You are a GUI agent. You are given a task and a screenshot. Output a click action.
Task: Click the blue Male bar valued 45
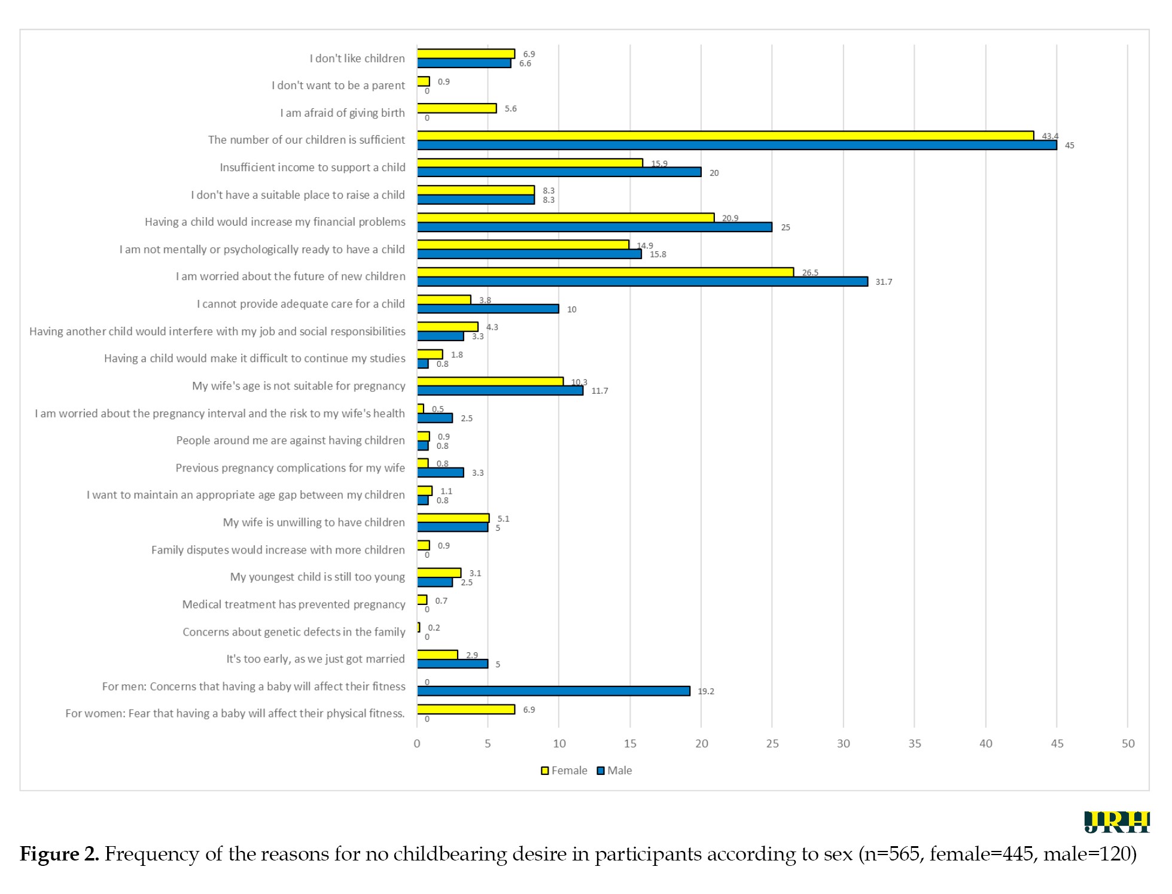[736, 145]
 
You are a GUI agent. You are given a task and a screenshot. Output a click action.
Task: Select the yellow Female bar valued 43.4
[725, 136]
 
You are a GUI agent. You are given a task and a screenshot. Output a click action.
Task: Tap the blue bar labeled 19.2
[553, 691]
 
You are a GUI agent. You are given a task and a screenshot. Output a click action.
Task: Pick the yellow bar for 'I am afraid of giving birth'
[456, 108]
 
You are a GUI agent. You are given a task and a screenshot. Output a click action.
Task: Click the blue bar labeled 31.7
[642, 282]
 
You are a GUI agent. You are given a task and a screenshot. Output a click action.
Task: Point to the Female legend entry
[564, 771]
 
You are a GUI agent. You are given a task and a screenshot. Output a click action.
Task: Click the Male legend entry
[614, 771]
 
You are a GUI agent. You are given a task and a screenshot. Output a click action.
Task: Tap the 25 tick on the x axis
[772, 744]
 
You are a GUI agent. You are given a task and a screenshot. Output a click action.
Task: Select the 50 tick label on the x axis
[1128, 744]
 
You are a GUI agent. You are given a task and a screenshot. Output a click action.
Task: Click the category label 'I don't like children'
[357, 59]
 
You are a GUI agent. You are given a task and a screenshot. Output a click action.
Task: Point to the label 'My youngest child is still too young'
[317, 577]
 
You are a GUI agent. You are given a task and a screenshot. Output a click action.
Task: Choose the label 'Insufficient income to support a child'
[312, 168]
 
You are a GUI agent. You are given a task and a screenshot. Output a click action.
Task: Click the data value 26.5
[810, 273]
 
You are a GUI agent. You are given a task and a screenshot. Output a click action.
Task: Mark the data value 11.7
[599, 391]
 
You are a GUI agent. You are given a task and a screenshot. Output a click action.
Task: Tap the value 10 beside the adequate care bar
[572, 309]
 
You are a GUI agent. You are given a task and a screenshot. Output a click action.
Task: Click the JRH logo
[1116, 822]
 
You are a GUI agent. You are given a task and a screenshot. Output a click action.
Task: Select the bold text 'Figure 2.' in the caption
[59, 854]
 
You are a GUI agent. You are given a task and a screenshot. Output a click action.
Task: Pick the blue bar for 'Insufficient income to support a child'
[559, 172]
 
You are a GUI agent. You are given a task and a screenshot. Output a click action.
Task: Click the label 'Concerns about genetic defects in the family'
[294, 632]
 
